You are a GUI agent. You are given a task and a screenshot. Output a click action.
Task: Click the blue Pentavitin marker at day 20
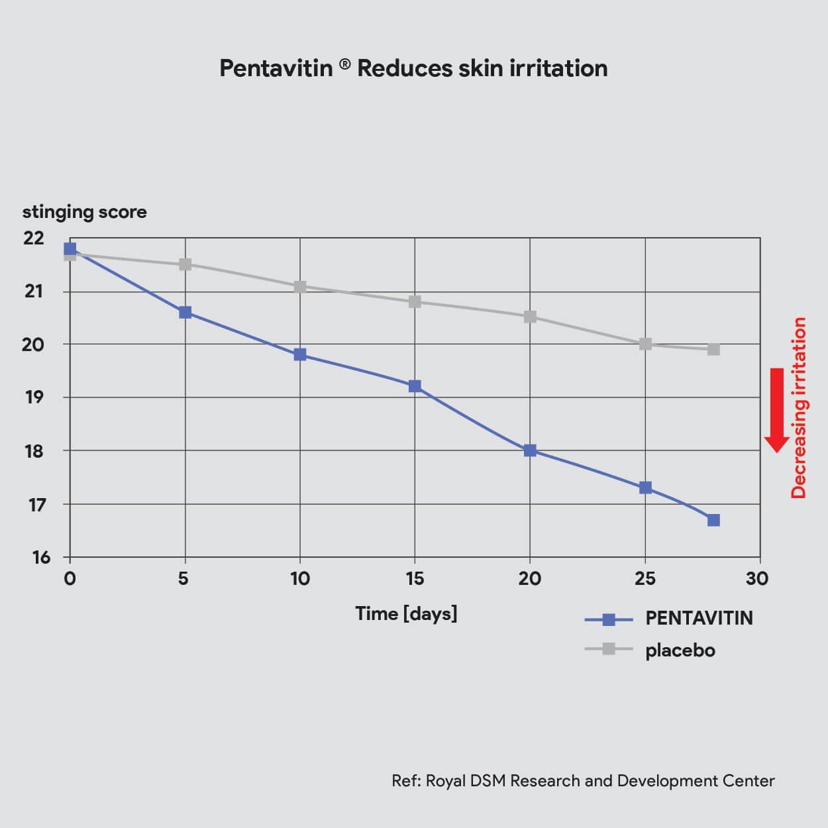tap(530, 450)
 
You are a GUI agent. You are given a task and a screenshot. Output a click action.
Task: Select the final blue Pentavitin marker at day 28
tap(713, 520)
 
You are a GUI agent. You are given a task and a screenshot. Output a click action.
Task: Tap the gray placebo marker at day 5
tap(185, 264)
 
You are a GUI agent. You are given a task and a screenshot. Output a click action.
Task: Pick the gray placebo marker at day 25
tap(645, 344)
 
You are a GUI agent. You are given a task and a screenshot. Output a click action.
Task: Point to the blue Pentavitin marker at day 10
tap(300, 354)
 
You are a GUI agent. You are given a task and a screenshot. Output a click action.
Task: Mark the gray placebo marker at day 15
tap(415, 301)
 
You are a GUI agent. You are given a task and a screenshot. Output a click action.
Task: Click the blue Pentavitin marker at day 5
tap(185, 313)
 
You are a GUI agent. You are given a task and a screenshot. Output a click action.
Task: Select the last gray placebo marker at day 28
tap(713, 349)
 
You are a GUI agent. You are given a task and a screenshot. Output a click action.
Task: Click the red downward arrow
tap(776, 410)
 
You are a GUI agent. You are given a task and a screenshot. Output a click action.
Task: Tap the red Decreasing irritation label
tap(799, 408)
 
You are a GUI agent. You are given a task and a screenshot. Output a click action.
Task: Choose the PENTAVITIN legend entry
tap(668, 619)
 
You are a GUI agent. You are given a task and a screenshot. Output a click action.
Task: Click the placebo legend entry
tap(650, 650)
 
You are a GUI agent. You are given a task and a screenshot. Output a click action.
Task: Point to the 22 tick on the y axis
tap(34, 238)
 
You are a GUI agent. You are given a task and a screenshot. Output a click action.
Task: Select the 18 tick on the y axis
tap(34, 451)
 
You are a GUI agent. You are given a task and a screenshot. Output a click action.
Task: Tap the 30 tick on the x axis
tap(757, 579)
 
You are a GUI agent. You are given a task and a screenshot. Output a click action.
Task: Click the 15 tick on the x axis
tap(415, 579)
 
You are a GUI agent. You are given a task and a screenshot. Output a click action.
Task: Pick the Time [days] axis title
tap(406, 613)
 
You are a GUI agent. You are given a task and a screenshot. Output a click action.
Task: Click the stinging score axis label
tap(85, 212)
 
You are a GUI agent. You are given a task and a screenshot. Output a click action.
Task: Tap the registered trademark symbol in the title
tap(344, 65)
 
